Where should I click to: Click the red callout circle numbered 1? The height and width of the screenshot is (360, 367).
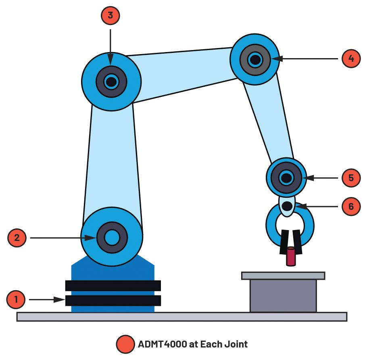16,300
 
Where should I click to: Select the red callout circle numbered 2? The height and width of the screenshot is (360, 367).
17,238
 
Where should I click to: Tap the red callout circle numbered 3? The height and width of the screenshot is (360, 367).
111,16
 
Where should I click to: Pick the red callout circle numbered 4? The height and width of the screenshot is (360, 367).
351,59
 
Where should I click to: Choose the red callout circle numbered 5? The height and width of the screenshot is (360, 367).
351,177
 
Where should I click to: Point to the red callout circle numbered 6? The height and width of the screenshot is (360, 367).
351,206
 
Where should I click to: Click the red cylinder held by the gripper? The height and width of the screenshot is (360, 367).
290,257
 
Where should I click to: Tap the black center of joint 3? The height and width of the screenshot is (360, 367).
111,82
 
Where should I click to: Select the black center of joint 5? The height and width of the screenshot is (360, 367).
286,177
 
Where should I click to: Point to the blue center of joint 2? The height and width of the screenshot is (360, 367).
112,238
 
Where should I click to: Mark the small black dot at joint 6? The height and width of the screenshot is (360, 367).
287,206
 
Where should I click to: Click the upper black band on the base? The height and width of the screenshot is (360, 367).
113,285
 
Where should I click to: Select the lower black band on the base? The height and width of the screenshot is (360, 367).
113,300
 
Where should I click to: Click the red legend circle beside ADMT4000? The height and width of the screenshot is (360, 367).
125,344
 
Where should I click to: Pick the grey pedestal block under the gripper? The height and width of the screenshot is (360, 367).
283,295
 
